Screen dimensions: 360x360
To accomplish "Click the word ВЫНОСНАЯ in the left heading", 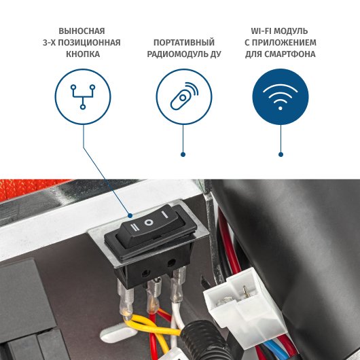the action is [82, 31].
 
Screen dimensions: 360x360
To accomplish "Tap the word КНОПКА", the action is [83, 54].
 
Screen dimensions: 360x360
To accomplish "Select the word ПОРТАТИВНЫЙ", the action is [184, 43].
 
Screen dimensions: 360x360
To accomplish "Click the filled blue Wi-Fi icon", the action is [281, 96].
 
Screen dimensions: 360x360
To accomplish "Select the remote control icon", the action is [184, 96].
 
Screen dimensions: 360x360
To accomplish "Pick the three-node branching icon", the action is [83, 96].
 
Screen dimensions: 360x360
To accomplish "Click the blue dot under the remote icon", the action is [183, 154].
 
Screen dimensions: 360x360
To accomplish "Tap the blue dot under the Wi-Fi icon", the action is [281, 154].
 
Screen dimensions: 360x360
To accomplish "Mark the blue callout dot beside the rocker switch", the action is [130, 215].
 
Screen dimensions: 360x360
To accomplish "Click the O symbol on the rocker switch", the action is [149, 222].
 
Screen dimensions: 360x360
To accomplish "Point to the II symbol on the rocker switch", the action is [134, 227].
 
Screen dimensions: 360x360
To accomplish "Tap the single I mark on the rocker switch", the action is [164, 215].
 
